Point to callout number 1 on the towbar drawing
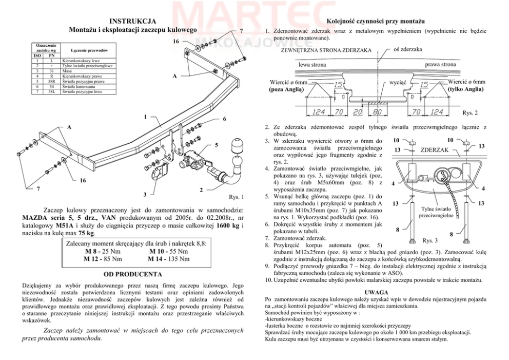click(146, 116)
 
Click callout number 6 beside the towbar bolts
click(225, 119)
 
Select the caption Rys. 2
click(470, 113)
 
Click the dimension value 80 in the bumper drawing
click(377, 111)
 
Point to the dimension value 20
click(358, 111)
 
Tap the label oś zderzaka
click(407, 49)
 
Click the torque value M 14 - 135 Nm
click(168, 259)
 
